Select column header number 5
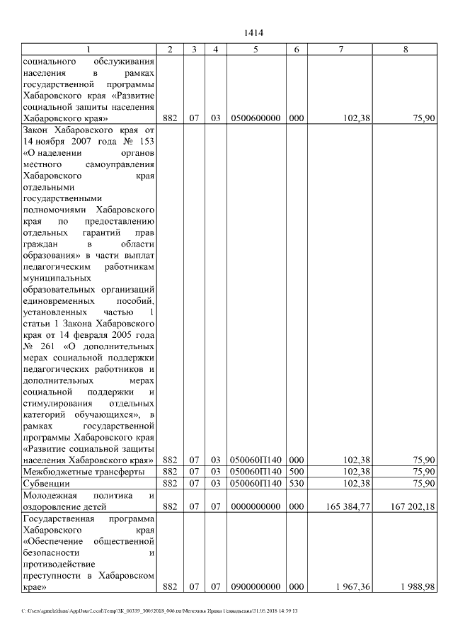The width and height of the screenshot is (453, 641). (x=255, y=49)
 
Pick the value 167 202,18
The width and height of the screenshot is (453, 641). (x=412, y=507)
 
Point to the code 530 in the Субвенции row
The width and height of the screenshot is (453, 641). (x=297, y=483)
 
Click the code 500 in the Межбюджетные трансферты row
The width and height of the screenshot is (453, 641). (x=297, y=471)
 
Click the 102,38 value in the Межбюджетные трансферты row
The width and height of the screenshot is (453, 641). (x=357, y=471)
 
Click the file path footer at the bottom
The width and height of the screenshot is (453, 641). (x=159, y=611)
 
